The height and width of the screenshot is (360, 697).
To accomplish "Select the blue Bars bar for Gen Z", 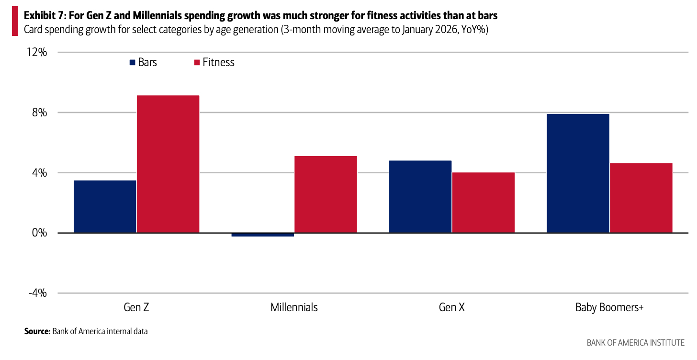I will coord(105,206).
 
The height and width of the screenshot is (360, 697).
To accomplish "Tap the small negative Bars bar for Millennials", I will coord(262,235).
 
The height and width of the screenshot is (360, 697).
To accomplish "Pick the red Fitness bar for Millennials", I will coord(326,194).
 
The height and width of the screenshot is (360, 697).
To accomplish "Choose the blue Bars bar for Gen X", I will coord(420,196).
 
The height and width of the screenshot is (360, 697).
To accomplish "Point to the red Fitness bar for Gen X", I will coord(483,202).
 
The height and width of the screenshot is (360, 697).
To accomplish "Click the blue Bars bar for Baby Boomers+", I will coord(578,173).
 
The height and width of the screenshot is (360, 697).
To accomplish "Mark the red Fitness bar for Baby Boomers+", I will coord(641,198).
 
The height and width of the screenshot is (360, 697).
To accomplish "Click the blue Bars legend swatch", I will coord(132,62).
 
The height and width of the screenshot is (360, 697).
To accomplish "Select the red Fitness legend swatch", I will coord(196,62).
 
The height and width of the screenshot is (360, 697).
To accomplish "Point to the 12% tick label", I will coord(36,52).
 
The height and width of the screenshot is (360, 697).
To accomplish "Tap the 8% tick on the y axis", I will coord(39,112).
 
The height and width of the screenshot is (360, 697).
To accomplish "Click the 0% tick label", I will coord(39,233).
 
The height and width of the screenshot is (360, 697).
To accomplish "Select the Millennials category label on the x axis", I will coord(294,307).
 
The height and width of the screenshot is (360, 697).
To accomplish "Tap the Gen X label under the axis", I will coord(451,307).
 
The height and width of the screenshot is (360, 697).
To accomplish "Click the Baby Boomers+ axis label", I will coord(609,307).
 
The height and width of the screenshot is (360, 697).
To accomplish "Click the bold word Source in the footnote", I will coord(37,331).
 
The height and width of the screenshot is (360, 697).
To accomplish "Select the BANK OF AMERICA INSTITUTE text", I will coord(635,342).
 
